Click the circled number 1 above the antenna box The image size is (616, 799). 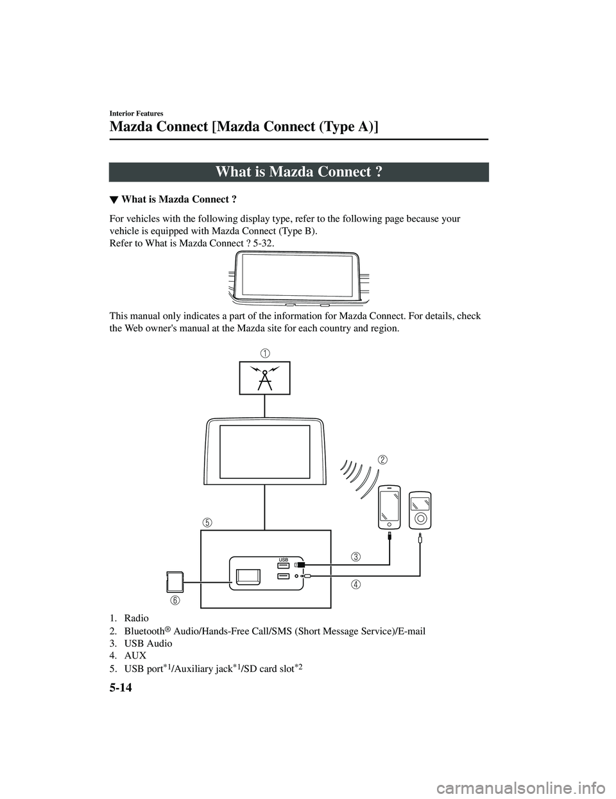(264, 352)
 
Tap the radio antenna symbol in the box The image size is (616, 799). (264, 377)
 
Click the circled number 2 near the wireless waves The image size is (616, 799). (382, 460)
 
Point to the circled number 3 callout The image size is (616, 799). (355, 556)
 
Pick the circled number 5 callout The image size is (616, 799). (206, 522)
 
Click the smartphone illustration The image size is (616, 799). (389, 507)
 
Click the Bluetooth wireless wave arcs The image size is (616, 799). (356, 477)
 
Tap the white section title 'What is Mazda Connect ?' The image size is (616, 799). (299, 172)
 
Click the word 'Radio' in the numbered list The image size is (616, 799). (136, 618)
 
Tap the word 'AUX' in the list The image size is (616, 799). (136, 655)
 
